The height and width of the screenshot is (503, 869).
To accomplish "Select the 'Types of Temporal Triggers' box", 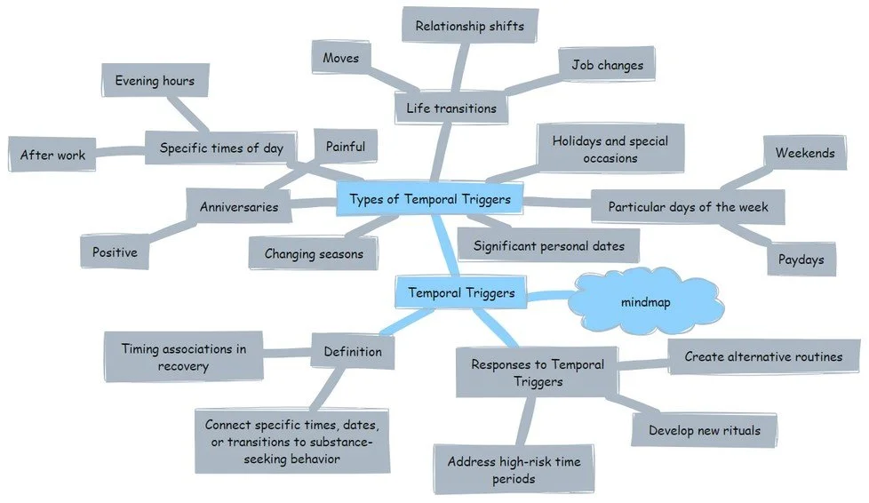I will [430, 200].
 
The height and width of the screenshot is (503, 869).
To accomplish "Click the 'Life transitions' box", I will [451, 108].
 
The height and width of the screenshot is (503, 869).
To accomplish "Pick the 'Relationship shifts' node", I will [470, 27].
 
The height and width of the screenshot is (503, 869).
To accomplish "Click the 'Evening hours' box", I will [155, 81].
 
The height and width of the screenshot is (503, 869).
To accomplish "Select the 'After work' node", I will [53, 156].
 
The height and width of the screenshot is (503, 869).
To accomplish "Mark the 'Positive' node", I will [116, 252].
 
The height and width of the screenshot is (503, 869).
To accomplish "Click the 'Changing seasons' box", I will [314, 254].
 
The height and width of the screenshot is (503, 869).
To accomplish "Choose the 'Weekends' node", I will [804, 153].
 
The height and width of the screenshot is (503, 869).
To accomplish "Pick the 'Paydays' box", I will [800, 260].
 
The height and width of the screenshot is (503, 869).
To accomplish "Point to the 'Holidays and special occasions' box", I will [610, 149].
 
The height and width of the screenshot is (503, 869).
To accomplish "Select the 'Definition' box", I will [353, 352].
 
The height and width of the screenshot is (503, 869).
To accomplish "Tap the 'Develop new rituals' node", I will [705, 430].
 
